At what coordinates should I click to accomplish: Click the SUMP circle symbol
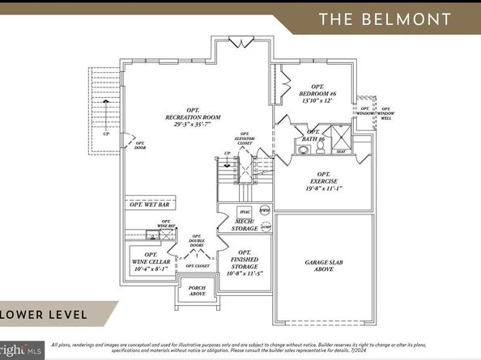point(266,228)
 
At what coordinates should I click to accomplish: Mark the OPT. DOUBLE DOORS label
point(197,243)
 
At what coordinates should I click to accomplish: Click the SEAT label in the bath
point(340,150)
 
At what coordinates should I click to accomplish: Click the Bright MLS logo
point(19,351)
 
